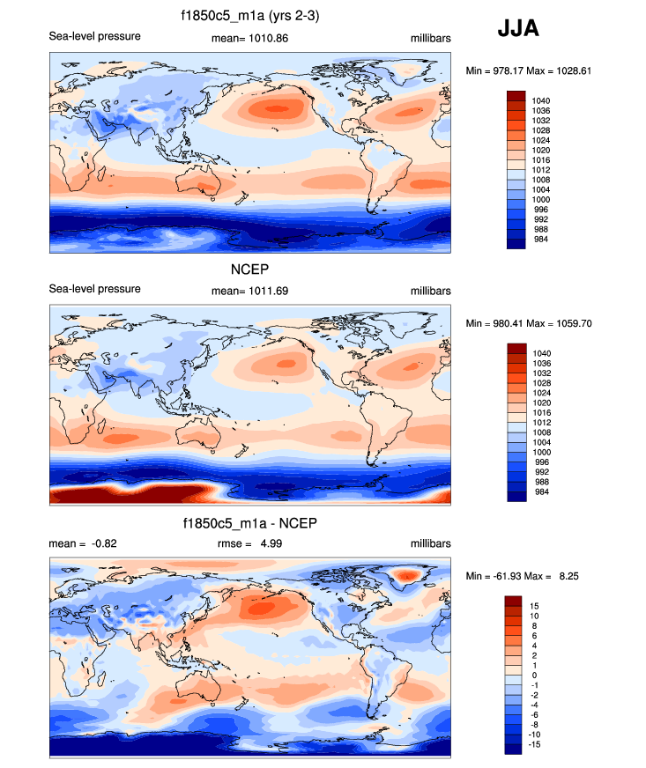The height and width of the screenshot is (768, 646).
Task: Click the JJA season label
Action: [518, 28]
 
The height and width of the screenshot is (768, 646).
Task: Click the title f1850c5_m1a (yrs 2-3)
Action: [250, 17]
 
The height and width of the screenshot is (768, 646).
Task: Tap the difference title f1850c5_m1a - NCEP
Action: [250, 524]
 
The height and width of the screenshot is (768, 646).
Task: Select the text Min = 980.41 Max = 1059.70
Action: [527, 323]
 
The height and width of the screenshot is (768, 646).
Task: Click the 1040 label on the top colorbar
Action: [541, 101]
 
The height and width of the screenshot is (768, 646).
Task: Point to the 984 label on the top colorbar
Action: [541, 238]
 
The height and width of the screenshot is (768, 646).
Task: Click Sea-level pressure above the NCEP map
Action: [94, 290]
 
